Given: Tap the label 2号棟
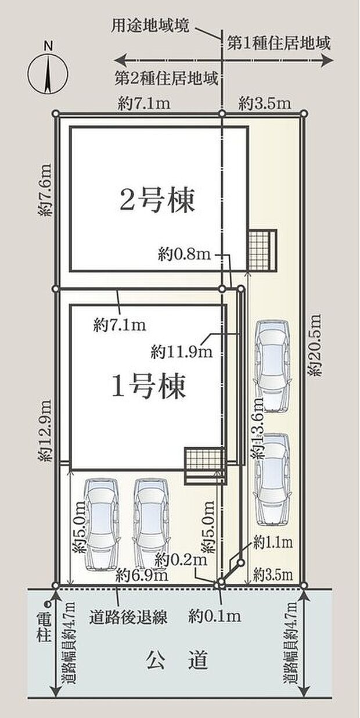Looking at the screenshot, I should (156, 200).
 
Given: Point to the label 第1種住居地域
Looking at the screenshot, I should (279, 42).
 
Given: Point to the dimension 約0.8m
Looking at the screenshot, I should (179, 253).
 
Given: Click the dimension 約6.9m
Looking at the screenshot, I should (142, 576).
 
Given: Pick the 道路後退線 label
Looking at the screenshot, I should (128, 616).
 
